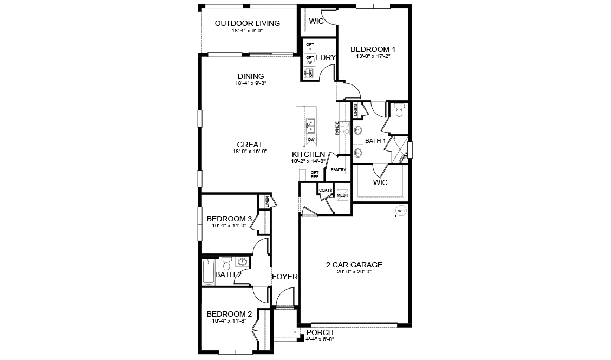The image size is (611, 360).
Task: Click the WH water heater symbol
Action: pyautogui.click(x=401, y=211)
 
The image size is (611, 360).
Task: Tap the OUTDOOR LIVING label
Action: pyautogui.click(x=247, y=23)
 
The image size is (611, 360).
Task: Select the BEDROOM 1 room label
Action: pyautogui.click(x=373, y=48)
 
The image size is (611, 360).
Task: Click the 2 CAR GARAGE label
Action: pyautogui.click(x=354, y=265)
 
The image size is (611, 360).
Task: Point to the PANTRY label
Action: pyautogui.click(x=339, y=170)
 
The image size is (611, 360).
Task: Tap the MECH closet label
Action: pyautogui.click(x=342, y=195)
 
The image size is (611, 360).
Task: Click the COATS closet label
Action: pyautogui.click(x=326, y=191)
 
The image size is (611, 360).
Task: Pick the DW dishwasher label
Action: pyautogui.click(x=311, y=140)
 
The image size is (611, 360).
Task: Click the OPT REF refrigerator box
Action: pyautogui.click(x=315, y=174)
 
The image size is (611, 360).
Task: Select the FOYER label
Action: pyautogui.click(x=284, y=277)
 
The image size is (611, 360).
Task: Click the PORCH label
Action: pyautogui.click(x=320, y=332)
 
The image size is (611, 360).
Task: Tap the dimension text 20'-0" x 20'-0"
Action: pyautogui.click(x=354, y=272)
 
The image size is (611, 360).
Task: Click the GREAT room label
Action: pyautogui.click(x=250, y=145)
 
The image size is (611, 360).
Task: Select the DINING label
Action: pyautogui.click(x=250, y=76)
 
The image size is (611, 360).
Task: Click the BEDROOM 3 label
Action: pyautogui.click(x=229, y=219)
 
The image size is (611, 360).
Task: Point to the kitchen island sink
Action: pyautogui.click(x=311, y=126)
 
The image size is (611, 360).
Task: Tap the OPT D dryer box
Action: pyautogui.click(x=310, y=47)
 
